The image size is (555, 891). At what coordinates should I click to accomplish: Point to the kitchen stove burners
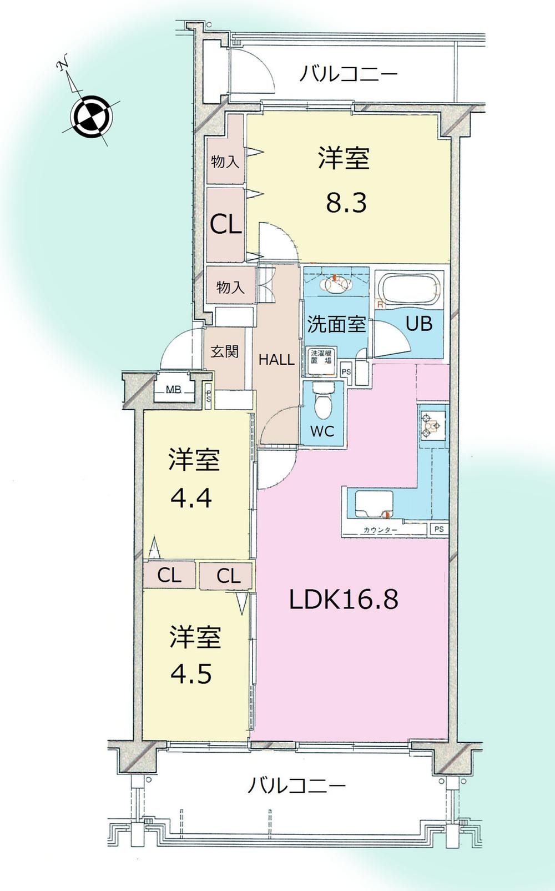point(431,425)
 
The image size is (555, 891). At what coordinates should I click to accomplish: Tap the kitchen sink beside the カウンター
point(370,504)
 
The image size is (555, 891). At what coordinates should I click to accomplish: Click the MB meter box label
point(174,390)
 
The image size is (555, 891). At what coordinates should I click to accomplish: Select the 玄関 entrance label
point(225,351)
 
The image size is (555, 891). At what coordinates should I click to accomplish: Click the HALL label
point(276,360)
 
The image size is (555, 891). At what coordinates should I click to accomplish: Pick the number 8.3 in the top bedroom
point(346,203)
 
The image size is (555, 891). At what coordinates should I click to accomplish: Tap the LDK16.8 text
point(344,600)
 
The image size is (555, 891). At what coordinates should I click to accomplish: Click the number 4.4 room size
point(191,498)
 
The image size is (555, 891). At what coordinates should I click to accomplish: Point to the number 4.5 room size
point(191,674)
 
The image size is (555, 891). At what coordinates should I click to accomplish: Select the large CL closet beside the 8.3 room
point(225,224)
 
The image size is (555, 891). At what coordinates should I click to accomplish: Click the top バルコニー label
point(349,73)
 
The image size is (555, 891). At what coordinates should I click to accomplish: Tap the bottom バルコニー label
point(296,786)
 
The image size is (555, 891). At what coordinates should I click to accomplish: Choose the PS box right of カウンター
point(439,529)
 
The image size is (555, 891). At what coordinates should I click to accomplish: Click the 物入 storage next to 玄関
point(230,287)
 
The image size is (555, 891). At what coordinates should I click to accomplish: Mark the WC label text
point(322,431)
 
